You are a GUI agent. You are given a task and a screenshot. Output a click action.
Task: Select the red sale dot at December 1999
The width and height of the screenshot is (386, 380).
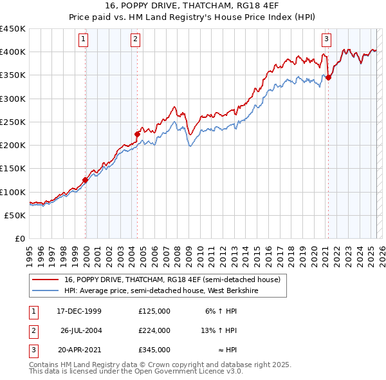tap(86, 180)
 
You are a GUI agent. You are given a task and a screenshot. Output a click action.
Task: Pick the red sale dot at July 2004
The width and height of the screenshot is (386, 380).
tap(137, 134)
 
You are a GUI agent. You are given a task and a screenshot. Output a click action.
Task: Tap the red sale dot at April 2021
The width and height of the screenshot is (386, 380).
tap(328, 77)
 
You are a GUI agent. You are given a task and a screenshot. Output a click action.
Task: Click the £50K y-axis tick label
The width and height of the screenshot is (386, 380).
tap(15, 215)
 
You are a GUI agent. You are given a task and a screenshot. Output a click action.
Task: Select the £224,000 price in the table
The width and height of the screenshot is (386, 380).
tap(154, 330)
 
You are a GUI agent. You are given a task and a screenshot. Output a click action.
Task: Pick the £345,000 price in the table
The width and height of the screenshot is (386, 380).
tap(154, 350)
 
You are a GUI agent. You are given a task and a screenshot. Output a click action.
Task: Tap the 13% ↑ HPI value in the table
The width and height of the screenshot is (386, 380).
tap(219, 330)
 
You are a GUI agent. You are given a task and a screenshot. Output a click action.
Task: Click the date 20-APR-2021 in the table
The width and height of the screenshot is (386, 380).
tap(80, 350)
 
